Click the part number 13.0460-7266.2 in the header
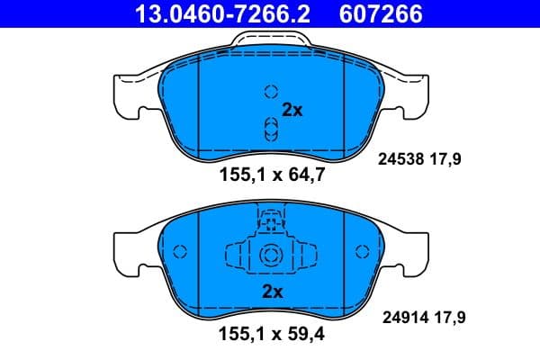[210, 13]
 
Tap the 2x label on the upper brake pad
[292, 110]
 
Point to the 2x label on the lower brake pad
[272, 291]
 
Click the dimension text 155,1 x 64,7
[271, 176]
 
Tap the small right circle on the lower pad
[364, 253]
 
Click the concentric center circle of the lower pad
[271, 257]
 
